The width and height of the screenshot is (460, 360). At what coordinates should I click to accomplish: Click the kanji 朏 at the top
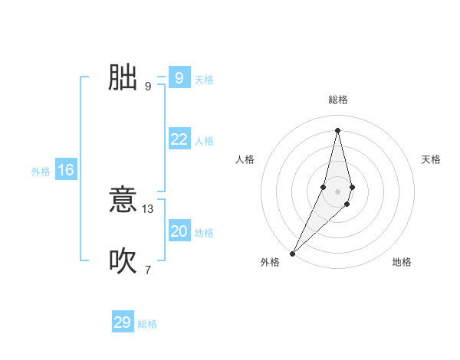(x=123, y=77)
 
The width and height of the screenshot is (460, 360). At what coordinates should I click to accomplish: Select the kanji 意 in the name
(x=123, y=201)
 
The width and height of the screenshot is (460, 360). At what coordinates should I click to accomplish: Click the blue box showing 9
(x=179, y=77)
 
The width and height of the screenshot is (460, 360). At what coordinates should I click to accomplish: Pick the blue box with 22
(x=179, y=139)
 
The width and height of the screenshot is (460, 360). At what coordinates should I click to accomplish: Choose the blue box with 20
(x=179, y=231)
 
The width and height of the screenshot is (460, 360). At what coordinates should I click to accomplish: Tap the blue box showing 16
(x=65, y=170)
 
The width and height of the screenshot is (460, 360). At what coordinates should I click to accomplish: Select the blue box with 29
(x=122, y=322)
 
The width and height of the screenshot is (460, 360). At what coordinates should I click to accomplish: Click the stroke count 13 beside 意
(x=148, y=209)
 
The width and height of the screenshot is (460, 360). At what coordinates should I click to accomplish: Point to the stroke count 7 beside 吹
(x=148, y=270)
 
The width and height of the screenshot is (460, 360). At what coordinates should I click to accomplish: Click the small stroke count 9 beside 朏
(x=148, y=86)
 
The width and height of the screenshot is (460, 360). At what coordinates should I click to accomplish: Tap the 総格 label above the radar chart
(x=338, y=100)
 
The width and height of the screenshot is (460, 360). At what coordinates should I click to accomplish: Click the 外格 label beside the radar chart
(x=270, y=262)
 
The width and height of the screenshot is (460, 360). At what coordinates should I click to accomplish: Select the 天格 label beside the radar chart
(x=432, y=159)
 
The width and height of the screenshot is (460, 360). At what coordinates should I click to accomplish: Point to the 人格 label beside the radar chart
(x=245, y=159)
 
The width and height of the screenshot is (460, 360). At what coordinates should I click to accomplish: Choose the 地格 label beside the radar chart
(x=402, y=262)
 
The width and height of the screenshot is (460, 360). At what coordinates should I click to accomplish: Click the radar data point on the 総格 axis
(x=338, y=130)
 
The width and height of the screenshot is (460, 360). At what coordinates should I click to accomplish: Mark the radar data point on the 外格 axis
(x=293, y=254)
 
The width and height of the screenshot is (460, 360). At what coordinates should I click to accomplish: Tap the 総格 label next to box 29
(x=148, y=324)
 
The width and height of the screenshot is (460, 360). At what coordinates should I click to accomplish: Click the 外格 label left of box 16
(x=41, y=172)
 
